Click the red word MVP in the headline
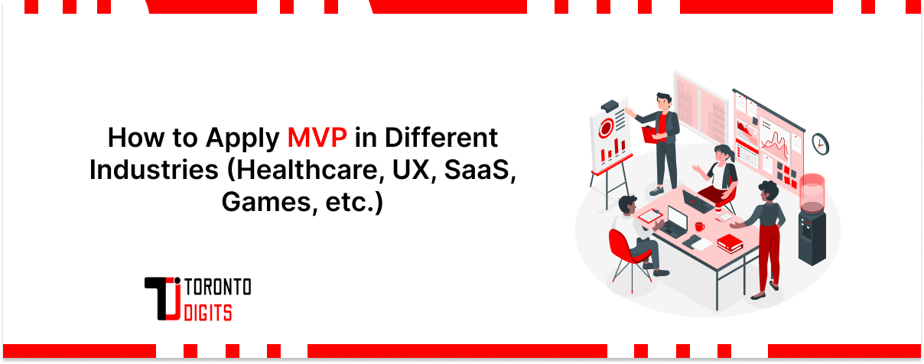(x=317, y=138)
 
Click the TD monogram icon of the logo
(x=163, y=298)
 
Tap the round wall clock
(x=820, y=143)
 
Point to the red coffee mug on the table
(x=699, y=226)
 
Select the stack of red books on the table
(x=729, y=243)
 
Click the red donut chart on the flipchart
(x=607, y=127)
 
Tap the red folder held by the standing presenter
(x=650, y=135)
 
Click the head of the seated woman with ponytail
(x=722, y=151)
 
